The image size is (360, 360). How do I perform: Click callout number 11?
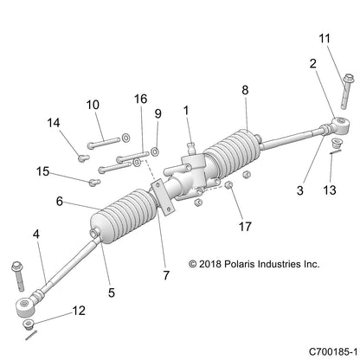point(325,39)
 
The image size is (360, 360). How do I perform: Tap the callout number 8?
point(245,89)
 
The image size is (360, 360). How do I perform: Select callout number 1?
point(184,110)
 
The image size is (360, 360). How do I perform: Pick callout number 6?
point(60,202)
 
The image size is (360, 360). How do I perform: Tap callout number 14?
point(56,123)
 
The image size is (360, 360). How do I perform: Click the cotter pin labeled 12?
point(35,325)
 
